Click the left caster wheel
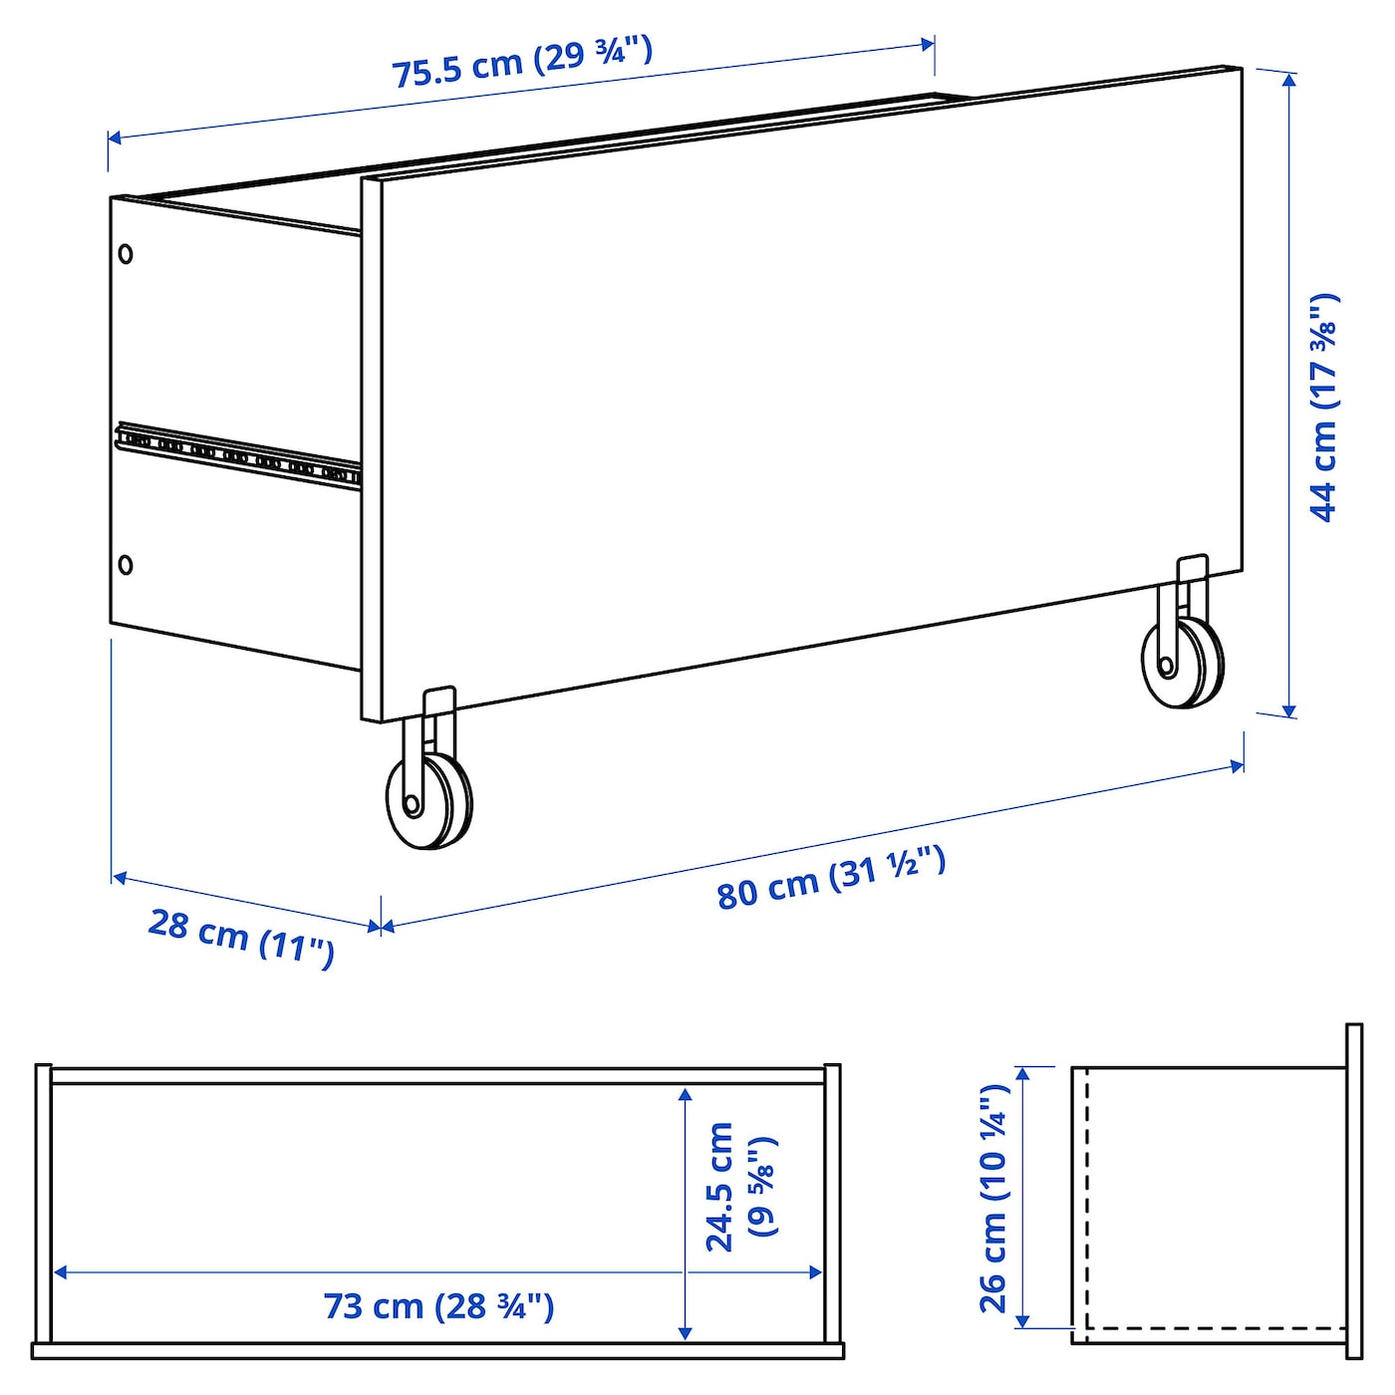[430, 800]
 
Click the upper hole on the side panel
[126, 253]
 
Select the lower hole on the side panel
[126, 565]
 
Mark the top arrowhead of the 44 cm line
[1289, 80]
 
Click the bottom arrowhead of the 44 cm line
[1289, 708]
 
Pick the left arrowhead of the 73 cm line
[60, 1272]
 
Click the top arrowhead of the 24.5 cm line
[685, 1095]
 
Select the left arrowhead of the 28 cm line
[119, 878]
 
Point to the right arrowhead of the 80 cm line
[1237, 766]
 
